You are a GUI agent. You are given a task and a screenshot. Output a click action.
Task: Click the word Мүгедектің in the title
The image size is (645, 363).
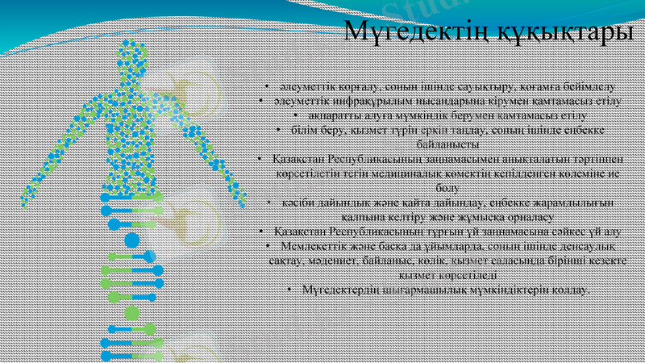pyautogui.click(x=406, y=32)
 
